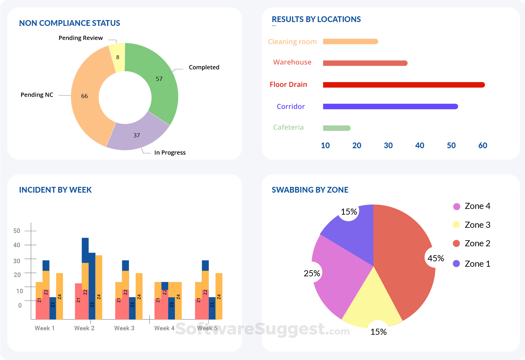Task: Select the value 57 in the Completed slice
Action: (159, 79)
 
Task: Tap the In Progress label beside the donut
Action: (170, 152)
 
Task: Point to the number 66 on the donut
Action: (84, 96)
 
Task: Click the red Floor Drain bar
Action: (404, 85)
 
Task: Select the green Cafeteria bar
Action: (336, 128)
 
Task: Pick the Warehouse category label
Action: (292, 62)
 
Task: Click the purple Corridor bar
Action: (390, 106)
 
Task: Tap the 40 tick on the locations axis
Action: (419, 146)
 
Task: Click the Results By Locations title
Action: (316, 19)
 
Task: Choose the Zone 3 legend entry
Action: (471, 225)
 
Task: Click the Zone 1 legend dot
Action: (456, 264)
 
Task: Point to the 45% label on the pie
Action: (435, 258)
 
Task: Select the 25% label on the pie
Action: (312, 273)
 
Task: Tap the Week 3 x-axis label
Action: (124, 328)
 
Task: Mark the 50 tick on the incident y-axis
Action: (17, 231)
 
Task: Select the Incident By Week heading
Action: (55, 190)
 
